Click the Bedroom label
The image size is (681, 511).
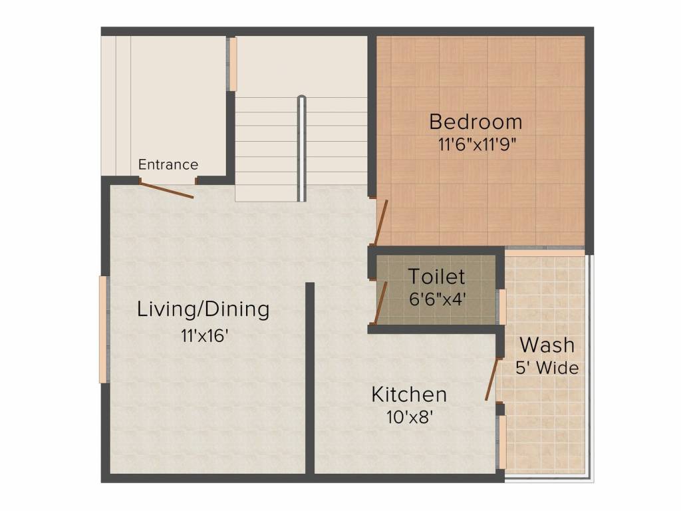point(476,122)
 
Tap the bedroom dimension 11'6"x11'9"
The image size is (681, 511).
point(477,144)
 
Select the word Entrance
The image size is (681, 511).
point(168,164)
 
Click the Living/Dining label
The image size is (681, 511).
point(204,310)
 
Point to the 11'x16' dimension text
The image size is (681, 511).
point(204,335)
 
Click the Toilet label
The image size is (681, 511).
point(436,277)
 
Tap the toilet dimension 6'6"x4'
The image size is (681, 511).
point(438,299)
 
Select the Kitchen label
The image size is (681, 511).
point(409,395)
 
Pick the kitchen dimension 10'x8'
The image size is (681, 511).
point(410,417)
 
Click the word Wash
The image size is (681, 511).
point(547,345)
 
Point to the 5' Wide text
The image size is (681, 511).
point(547,368)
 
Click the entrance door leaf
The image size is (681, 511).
point(166,190)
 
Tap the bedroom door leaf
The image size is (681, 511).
point(381,222)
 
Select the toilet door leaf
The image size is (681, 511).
point(380,303)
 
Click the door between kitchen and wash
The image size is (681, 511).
point(491,379)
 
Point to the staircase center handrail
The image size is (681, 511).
point(301,148)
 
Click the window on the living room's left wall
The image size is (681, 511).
point(103,330)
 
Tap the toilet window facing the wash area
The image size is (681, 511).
point(502,306)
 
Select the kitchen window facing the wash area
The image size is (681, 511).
point(502,442)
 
